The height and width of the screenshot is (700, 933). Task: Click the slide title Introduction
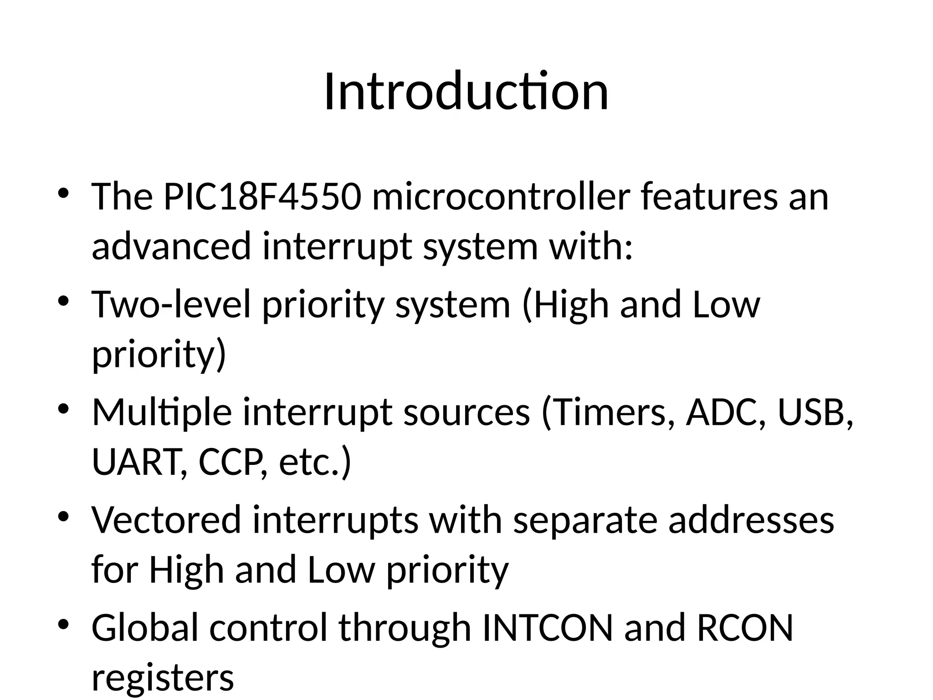click(466, 92)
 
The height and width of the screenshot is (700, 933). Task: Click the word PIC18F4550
click(262, 197)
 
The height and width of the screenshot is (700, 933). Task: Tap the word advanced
click(171, 246)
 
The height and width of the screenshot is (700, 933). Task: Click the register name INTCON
click(547, 628)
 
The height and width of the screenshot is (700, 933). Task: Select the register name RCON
click(745, 628)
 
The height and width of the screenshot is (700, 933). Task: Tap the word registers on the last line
click(163, 678)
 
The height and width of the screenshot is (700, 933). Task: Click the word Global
click(145, 628)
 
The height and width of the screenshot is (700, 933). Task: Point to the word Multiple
click(162, 412)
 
